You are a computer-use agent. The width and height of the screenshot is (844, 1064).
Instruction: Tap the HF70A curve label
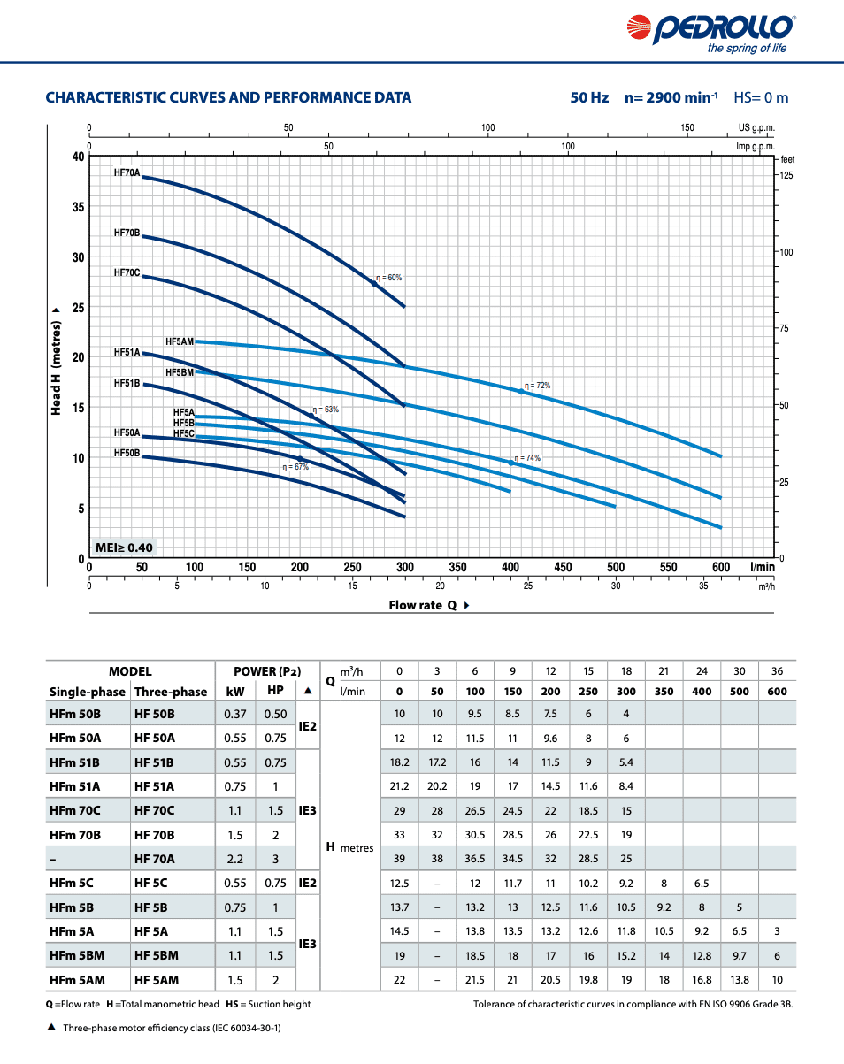click(127, 172)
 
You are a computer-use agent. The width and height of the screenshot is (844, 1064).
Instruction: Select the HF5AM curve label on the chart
click(179, 341)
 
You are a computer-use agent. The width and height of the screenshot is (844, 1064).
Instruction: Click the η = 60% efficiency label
click(388, 278)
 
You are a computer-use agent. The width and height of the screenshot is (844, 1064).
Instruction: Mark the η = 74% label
click(527, 458)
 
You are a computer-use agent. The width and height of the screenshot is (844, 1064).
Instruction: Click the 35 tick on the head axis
click(78, 207)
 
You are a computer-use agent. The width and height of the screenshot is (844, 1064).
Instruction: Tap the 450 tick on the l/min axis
click(563, 567)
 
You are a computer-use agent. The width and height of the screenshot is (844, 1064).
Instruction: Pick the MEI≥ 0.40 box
click(124, 547)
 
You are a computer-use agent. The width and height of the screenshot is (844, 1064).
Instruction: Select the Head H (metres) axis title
click(56, 363)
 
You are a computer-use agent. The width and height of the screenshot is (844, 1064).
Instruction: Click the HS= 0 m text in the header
click(761, 97)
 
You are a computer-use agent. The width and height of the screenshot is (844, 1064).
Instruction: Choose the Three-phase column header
click(171, 692)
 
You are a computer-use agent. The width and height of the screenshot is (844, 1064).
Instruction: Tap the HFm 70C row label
click(75, 810)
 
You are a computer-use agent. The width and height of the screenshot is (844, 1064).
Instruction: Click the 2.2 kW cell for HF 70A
click(234, 858)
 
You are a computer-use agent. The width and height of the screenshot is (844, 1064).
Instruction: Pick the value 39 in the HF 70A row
click(399, 858)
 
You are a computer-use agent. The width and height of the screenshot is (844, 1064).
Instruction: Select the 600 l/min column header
click(777, 692)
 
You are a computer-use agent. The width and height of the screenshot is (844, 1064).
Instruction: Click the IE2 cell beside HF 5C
click(307, 882)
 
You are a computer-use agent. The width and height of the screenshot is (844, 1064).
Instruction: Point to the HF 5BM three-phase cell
click(157, 955)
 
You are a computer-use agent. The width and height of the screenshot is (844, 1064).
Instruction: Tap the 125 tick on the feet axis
click(786, 175)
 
